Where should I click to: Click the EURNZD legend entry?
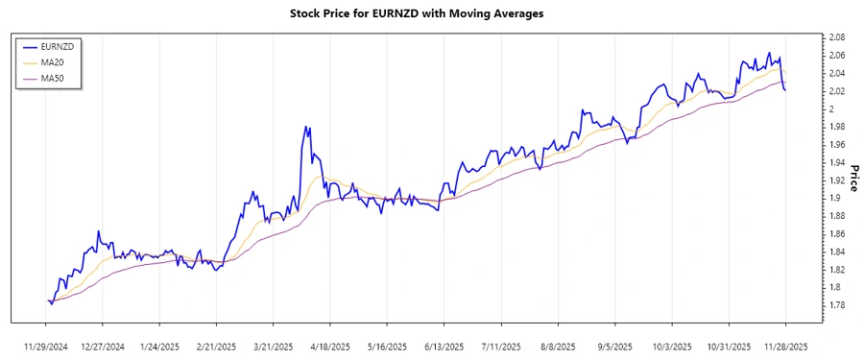(57, 46)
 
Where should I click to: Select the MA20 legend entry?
(52, 62)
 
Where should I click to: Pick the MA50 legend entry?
(52, 79)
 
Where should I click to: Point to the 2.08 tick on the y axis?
(836, 37)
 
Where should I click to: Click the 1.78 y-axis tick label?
(836, 305)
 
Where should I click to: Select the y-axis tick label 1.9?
(833, 198)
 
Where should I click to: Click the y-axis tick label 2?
(830, 108)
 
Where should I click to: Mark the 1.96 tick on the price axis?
(836, 145)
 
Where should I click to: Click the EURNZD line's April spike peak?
(307, 126)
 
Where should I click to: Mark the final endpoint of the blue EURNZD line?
(786, 90)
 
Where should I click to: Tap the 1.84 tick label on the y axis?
(836, 252)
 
